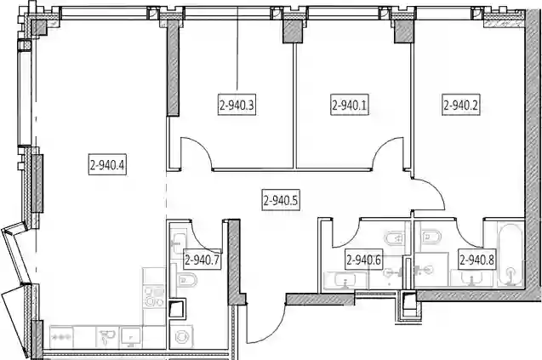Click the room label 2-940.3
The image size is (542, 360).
click(x=237, y=105)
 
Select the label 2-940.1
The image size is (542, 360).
click(x=349, y=105)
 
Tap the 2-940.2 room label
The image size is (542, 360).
click(x=461, y=105)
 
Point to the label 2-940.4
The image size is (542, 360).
click(x=107, y=164)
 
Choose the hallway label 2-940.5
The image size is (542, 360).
click(x=280, y=200)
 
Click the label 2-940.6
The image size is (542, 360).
click(x=363, y=259)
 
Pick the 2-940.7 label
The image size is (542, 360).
click(x=203, y=259)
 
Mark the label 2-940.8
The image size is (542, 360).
click(x=476, y=259)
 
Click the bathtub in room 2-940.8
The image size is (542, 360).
click(x=511, y=254)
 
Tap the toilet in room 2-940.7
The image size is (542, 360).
click(x=186, y=279)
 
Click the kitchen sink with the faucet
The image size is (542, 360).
click(x=107, y=337)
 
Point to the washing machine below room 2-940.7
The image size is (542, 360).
click(x=181, y=336)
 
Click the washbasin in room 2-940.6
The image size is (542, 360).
click(x=345, y=280)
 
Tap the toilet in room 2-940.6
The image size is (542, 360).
click(x=395, y=238)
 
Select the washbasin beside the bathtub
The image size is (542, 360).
click(x=472, y=279)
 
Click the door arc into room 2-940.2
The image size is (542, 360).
click(x=435, y=188)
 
